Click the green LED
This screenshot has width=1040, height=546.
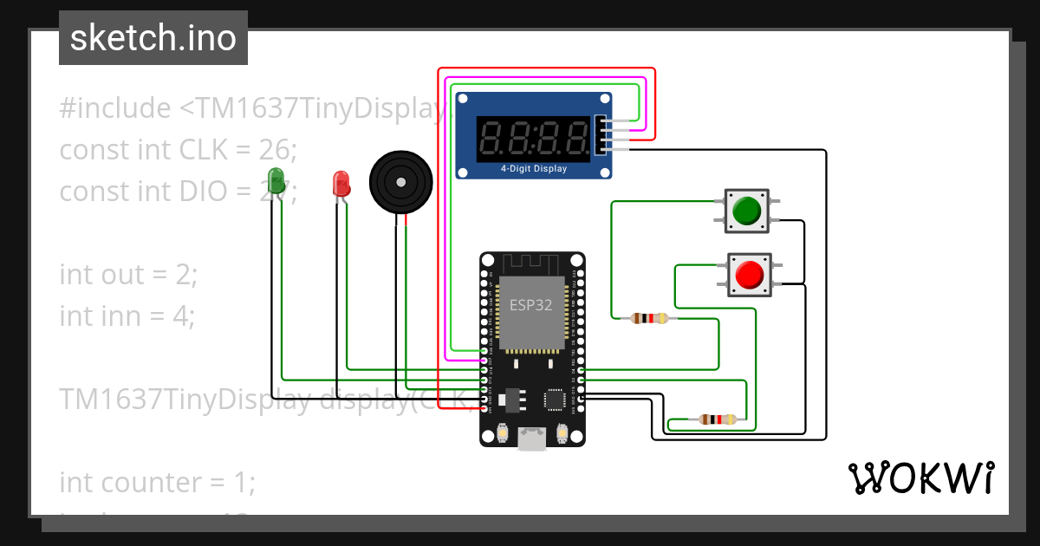[x=277, y=179]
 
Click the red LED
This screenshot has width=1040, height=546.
[x=341, y=183]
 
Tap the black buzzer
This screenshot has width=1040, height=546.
[x=400, y=182]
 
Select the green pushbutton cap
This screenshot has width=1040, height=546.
[x=746, y=211]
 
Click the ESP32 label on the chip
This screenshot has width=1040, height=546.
[x=530, y=305]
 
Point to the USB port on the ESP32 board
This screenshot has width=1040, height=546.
[x=531, y=439]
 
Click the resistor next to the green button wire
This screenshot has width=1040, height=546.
[x=650, y=318]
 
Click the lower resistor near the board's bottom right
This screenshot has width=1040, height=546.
[x=718, y=420]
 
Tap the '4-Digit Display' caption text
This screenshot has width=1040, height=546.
[x=534, y=169]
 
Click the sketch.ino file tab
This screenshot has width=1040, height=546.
[x=153, y=38]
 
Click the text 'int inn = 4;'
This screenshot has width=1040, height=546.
[x=127, y=316]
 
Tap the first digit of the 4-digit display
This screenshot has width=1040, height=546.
[x=492, y=138]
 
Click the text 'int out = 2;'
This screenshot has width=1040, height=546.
[x=128, y=275]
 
